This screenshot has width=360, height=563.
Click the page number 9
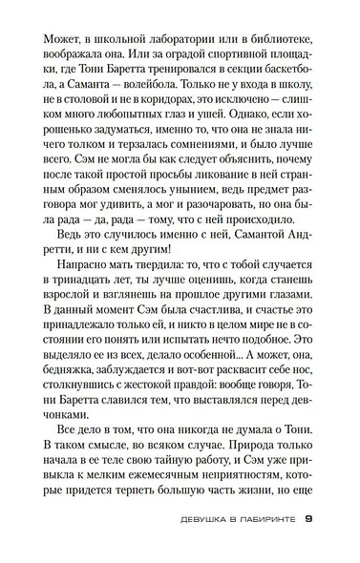click(x=308, y=546)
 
